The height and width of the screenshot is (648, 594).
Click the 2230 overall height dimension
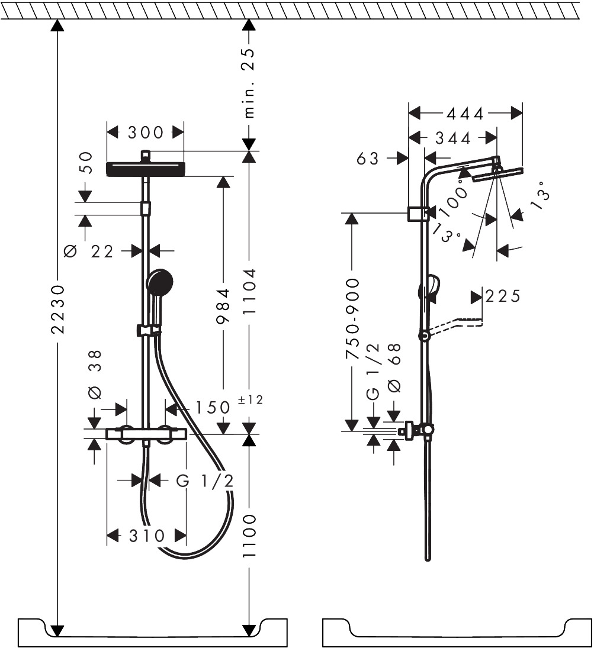pyautogui.click(x=58, y=309)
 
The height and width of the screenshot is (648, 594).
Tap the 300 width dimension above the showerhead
pyautogui.click(x=146, y=133)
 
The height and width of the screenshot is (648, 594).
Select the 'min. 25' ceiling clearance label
pyautogui.click(x=249, y=83)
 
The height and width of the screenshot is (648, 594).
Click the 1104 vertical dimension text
pyautogui.click(x=249, y=292)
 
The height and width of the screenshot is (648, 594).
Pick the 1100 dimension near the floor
pyautogui.click(x=249, y=536)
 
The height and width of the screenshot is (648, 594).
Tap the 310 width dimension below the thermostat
pyautogui.click(x=147, y=536)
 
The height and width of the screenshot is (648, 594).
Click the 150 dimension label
pyautogui.click(x=212, y=408)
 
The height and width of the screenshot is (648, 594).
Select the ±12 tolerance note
pyautogui.click(x=251, y=399)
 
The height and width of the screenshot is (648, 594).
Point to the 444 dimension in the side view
pyautogui.click(x=465, y=113)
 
